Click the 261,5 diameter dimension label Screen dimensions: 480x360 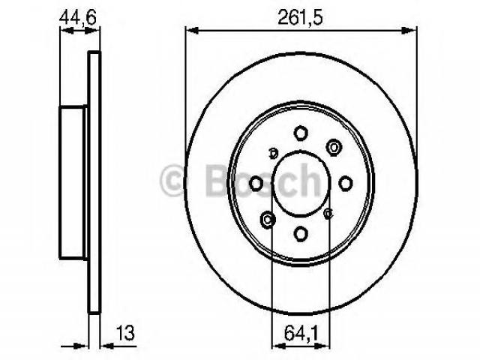click(300, 18)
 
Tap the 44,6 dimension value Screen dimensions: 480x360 click(78, 17)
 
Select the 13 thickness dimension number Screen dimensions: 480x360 click(125, 333)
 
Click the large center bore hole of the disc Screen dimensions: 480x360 click(301, 183)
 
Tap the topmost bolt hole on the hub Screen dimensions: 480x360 click(301, 133)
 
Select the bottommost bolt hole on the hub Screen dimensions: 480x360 click(301, 233)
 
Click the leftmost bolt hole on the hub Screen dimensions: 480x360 click(256, 183)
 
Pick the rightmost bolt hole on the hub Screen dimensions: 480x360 click(346, 183)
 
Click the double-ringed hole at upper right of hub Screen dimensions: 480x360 click(334, 148)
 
